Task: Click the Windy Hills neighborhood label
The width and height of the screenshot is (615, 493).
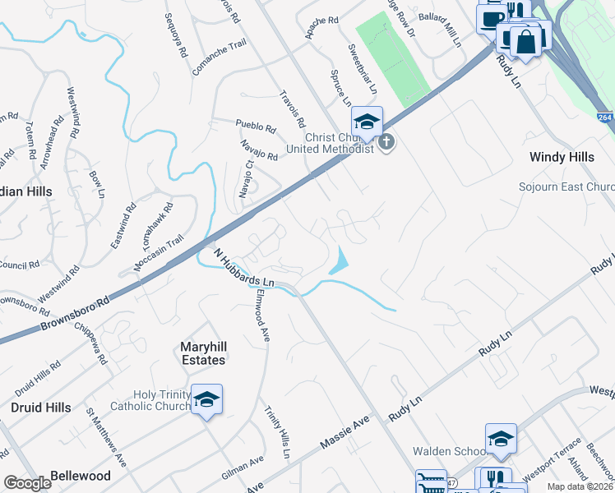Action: click(x=562, y=156)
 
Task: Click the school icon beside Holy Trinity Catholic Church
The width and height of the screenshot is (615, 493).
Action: click(x=207, y=400)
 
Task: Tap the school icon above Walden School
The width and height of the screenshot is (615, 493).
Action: click(x=501, y=440)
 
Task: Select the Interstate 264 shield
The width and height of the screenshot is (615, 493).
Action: click(x=605, y=118)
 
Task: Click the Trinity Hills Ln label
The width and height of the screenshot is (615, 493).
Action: click(x=277, y=431)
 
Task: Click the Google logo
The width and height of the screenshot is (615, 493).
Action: click(x=27, y=483)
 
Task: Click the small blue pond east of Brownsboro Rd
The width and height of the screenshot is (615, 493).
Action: click(x=338, y=261)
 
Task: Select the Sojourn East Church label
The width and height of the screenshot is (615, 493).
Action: click(x=566, y=187)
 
